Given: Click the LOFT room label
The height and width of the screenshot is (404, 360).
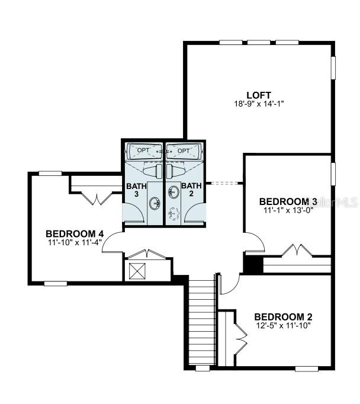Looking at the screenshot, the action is (x=259, y=95).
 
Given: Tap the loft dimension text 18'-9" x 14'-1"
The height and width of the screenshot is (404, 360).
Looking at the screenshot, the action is (x=259, y=104).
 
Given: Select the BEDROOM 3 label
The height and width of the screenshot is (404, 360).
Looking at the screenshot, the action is (x=288, y=201).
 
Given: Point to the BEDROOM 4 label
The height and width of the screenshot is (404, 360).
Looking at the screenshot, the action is (x=75, y=234).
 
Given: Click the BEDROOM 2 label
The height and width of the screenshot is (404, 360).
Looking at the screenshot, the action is (x=283, y=317).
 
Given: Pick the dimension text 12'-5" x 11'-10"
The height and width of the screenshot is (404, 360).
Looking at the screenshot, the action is (x=283, y=326).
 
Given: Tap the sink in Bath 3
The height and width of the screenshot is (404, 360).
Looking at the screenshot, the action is (x=155, y=203).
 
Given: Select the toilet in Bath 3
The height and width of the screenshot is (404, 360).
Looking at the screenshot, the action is (x=152, y=171).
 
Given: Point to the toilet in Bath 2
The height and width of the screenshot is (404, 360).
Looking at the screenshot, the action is (x=175, y=171).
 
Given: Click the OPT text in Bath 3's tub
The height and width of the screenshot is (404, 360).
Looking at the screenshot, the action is (x=143, y=150).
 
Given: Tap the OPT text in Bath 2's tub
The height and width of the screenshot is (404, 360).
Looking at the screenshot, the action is (x=184, y=150).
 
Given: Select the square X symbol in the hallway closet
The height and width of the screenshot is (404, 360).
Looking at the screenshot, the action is (x=137, y=271).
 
